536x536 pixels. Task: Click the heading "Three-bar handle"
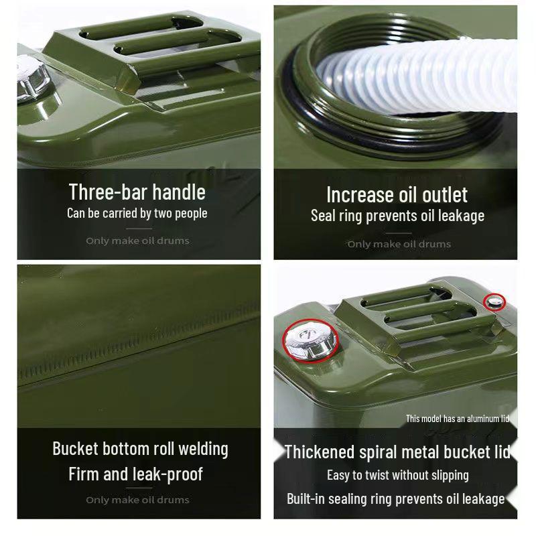(x=137, y=192)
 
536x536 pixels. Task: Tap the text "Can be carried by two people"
(x=137, y=214)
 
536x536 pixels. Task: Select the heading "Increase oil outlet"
(x=397, y=195)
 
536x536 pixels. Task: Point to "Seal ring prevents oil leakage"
(x=397, y=216)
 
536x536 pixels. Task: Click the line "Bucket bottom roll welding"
(x=140, y=449)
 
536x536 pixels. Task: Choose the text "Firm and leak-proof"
(x=135, y=474)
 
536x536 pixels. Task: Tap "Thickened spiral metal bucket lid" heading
(x=397, y=452)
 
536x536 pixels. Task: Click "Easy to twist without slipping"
(x=397, y=475)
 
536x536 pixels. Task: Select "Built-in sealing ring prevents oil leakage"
(x=395, y=499)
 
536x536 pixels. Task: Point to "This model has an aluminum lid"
(x=457, y=419)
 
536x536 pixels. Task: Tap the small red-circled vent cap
(x=494, y=302)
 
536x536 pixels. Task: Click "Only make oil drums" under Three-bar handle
(x=137, y=241)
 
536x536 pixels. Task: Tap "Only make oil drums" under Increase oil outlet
(x=399, y=244)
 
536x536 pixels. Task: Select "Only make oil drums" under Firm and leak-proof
(x=137, y=500)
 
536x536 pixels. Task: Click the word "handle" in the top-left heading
(x=178, y=192)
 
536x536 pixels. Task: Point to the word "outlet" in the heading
(x=442, y=195)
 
